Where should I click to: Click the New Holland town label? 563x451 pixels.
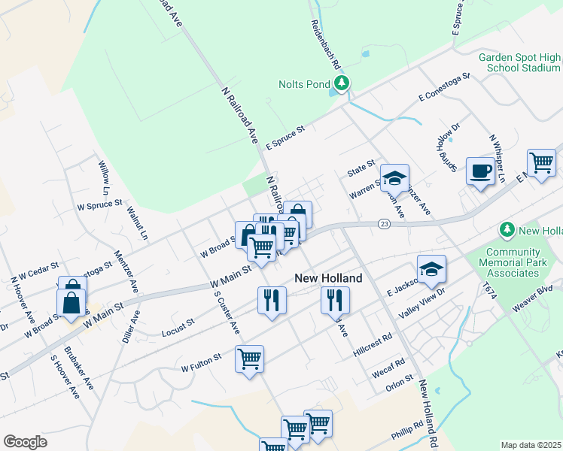(328, 278)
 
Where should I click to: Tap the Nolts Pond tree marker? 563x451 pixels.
(342, 83)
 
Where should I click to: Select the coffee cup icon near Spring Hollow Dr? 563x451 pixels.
(480, 171)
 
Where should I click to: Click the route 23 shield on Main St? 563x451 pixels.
(384, 223)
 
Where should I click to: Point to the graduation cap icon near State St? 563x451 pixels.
(394, 178)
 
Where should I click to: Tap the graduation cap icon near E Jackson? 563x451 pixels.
(431, 269)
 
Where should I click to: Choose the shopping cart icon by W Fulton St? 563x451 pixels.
(249, 359)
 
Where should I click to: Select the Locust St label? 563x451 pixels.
(178, 327)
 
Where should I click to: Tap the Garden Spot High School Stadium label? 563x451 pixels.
(520, 62)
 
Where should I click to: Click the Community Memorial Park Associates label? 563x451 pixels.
(513, 262)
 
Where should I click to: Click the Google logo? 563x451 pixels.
(25, 442)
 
